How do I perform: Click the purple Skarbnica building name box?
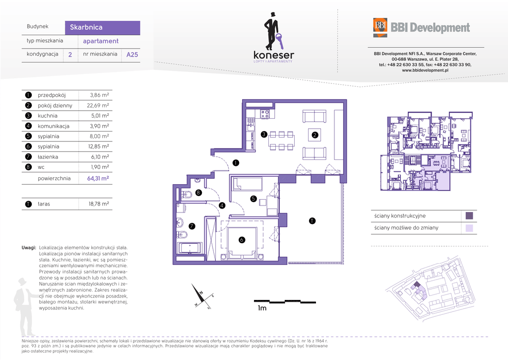102,28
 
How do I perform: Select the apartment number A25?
132,55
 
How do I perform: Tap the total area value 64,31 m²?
99,178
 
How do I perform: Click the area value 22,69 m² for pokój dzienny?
99,105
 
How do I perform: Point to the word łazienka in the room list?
49,157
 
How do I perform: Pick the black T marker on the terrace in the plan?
312,221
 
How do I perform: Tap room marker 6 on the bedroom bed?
242,240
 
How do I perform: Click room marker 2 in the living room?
315,134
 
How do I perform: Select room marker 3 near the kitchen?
264,134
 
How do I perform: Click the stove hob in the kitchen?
265,114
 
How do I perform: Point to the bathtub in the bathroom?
189,248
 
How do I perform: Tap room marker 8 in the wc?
198,193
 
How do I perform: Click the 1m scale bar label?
262,308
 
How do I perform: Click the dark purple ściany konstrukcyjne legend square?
468,216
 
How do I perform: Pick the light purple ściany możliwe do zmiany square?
468,228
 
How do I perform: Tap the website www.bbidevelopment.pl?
425,71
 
